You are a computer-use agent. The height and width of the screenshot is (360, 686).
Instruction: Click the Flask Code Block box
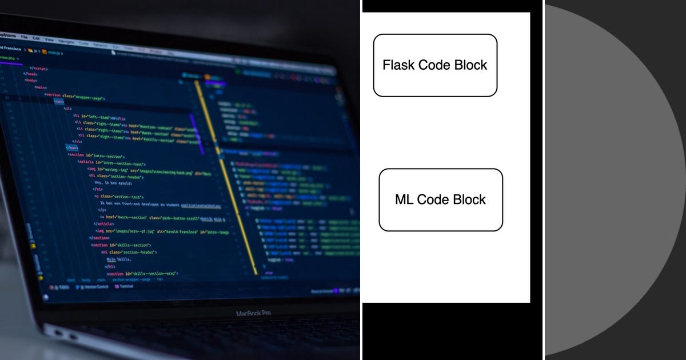tap(435, 65)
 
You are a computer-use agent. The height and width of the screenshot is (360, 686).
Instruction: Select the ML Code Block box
tap(441, 199)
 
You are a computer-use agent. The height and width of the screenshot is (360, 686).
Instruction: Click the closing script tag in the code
tap(39, 68)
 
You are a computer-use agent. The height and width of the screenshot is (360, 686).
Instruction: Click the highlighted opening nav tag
tap(59, 101)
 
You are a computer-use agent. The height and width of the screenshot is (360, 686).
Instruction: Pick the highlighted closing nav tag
tap(71, 147)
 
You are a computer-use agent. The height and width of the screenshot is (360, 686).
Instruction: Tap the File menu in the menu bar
tap(24, 37)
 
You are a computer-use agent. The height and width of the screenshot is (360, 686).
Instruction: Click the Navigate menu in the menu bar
tap(66, 41)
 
